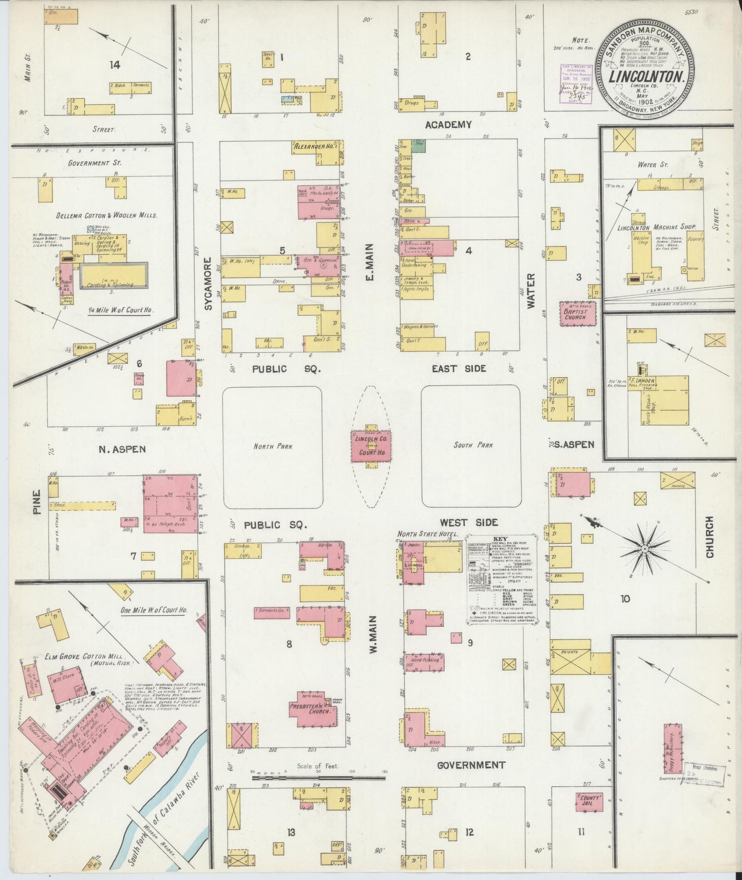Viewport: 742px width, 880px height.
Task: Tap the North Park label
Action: (x=273, y=446)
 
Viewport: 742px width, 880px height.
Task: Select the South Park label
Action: (x=472, y=445)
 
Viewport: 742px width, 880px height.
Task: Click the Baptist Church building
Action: (x=578, y=313)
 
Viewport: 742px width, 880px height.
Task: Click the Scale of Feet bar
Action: (x=318, y=778)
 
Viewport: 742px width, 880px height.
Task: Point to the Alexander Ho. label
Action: (x=313, y=146)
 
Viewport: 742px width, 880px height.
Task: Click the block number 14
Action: (x=115, y=65)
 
